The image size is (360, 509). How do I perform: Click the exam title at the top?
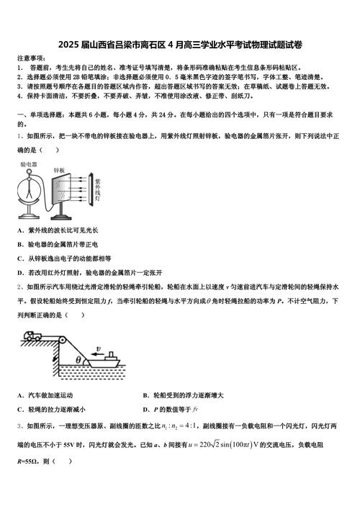[180, 45]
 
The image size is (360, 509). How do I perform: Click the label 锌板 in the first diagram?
[59, 170]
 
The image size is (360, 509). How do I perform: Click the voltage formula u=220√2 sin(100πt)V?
[239, 445]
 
